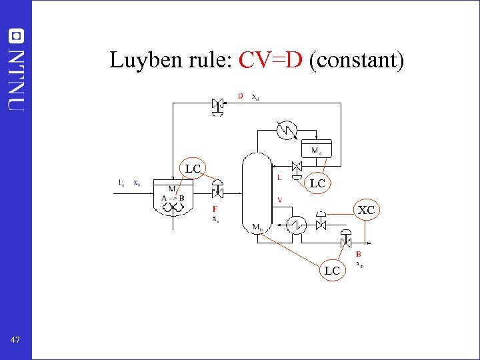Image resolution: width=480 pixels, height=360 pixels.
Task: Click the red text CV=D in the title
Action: click(x=271, y=61)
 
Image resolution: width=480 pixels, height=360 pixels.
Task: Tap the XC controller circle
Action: click(x=366, y=211)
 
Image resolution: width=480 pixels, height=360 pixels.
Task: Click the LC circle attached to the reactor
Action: click(x=193, y=169)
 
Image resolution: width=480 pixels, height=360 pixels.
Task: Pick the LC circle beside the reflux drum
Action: click(x=317, y=183)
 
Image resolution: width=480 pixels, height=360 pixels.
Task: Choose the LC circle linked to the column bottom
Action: click(x=332, y=270)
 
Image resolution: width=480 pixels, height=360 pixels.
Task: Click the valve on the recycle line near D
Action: click(x=217, y=104)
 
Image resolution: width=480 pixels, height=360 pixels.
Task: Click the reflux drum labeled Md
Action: click(x=316, y=150)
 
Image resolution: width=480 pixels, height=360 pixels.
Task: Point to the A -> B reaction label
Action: click(x=173, y=198)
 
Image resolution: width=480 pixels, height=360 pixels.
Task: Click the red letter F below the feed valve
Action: click(x=215, y=209)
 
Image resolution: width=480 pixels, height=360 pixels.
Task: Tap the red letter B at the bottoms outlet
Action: click(x=359, y=254)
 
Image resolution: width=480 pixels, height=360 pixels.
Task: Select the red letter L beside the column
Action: click(x=279, y=177)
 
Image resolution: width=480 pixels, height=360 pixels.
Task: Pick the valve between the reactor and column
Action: click(x=217, y=192)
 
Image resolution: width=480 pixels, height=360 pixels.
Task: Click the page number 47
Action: click(x=15, y=340)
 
